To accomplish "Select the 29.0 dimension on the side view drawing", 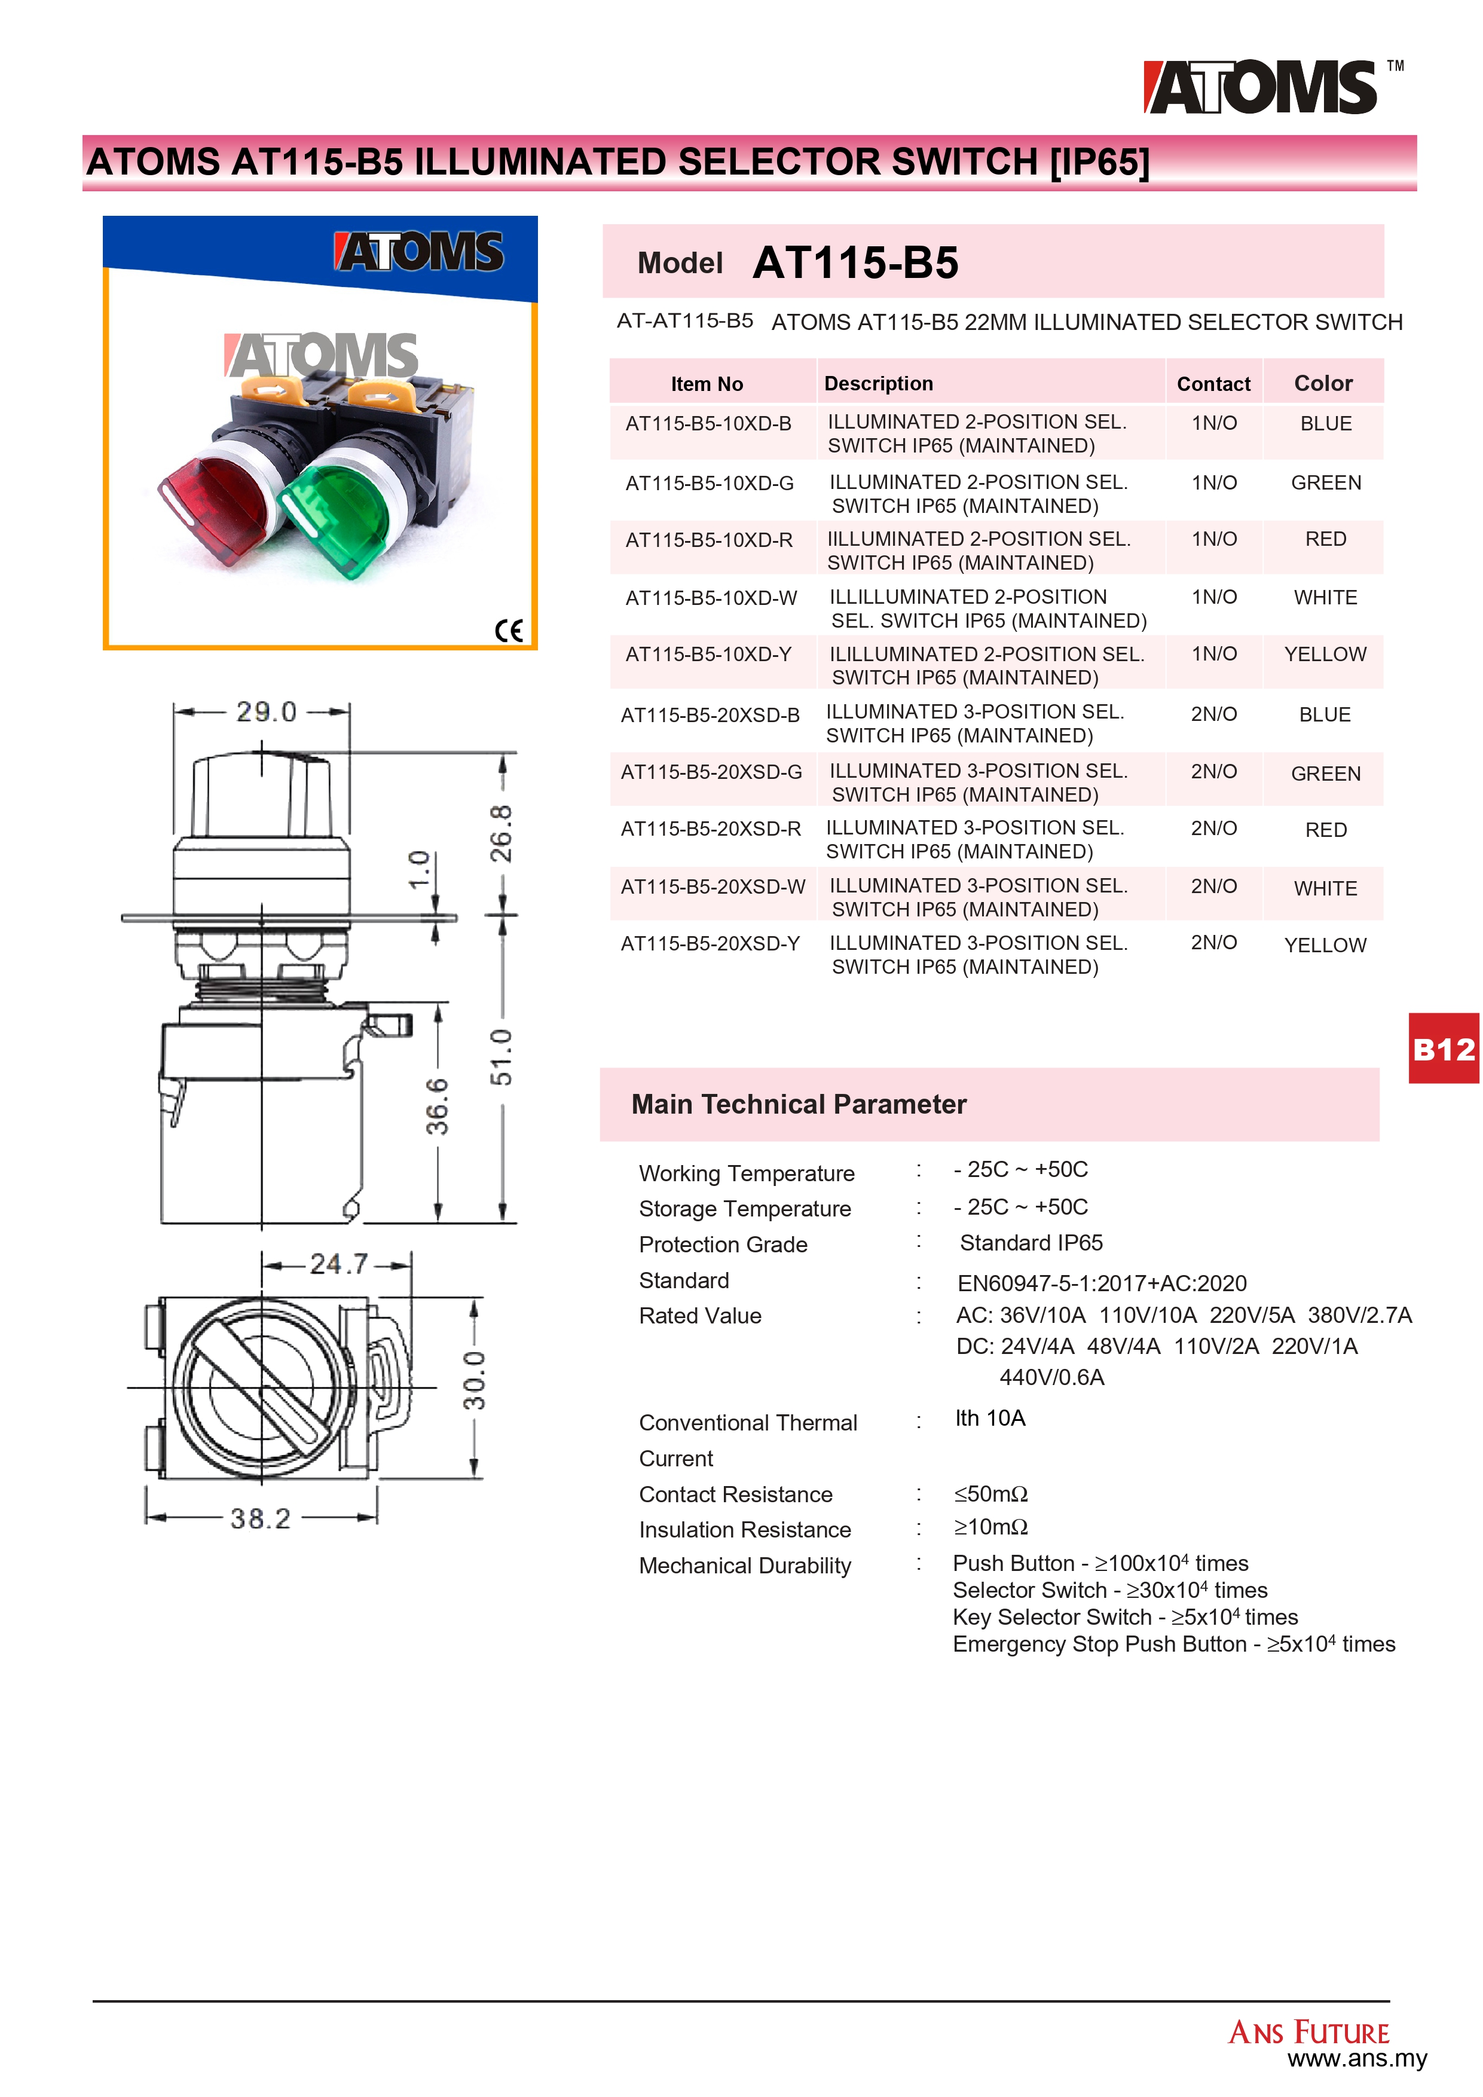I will [266, 711].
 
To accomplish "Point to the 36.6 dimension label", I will [438, 1106].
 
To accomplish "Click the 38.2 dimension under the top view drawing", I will [260, 1518].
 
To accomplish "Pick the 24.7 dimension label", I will [338, 1264].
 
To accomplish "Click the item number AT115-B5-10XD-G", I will [710, 483].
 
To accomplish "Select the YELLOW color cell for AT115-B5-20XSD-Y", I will [1325, 945].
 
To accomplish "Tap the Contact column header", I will [1213, 384].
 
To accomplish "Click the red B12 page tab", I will [1443, 1050].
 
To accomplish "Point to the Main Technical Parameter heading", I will [798, 1104].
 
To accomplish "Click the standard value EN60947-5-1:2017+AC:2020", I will [1101, 1283].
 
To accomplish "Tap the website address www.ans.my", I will [1357, 2059].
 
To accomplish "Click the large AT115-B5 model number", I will [855, 263].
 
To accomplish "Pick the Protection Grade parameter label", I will [723, 1244].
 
